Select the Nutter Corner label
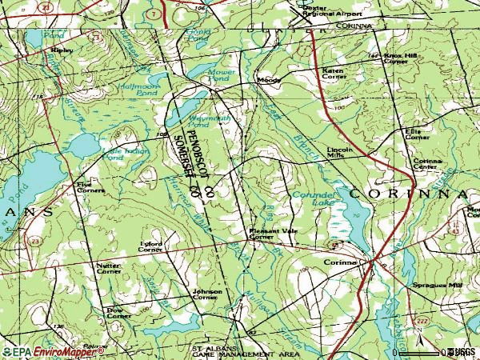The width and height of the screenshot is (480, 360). point(108,269)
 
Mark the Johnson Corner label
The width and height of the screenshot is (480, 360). point(206,294)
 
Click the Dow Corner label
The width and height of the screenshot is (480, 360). point(118,313)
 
